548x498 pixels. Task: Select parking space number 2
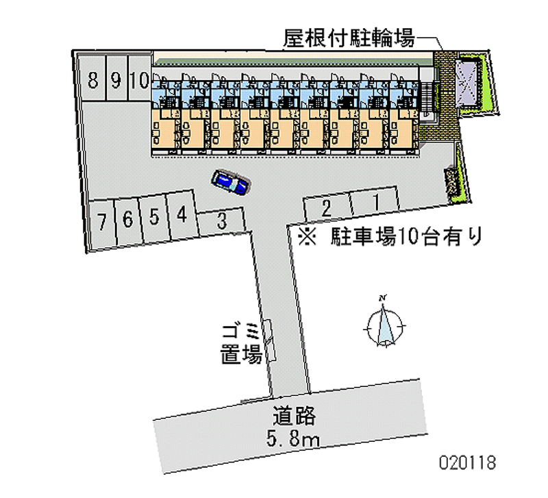327,207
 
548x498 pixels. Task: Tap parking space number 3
221,221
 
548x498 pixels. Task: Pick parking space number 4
182,216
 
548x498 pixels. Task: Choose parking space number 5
155,218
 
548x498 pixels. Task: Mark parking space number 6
127,221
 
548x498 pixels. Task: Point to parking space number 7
101,223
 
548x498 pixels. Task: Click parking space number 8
92,81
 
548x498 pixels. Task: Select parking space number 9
115,81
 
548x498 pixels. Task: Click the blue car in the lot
230,182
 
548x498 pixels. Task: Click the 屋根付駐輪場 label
349,38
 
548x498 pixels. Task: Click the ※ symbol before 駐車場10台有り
306,237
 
